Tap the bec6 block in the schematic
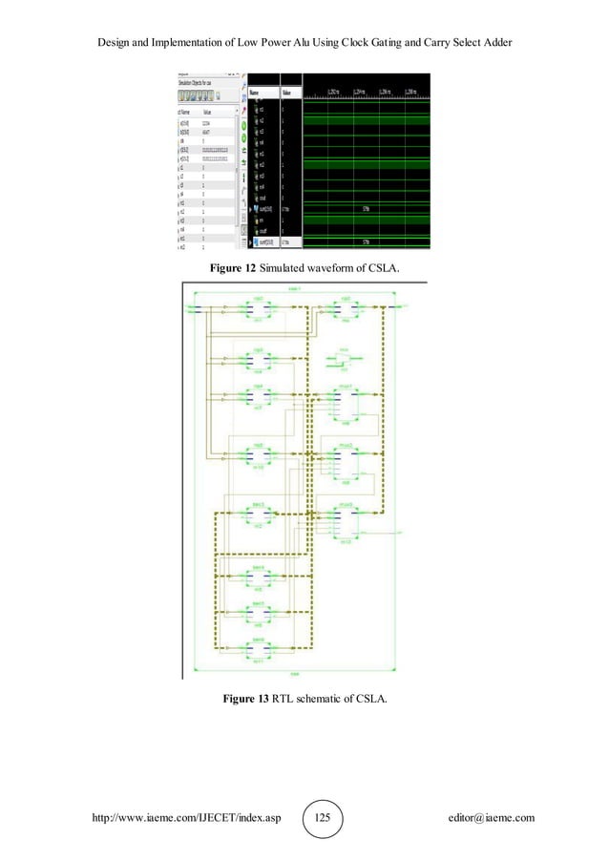point(258,649)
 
